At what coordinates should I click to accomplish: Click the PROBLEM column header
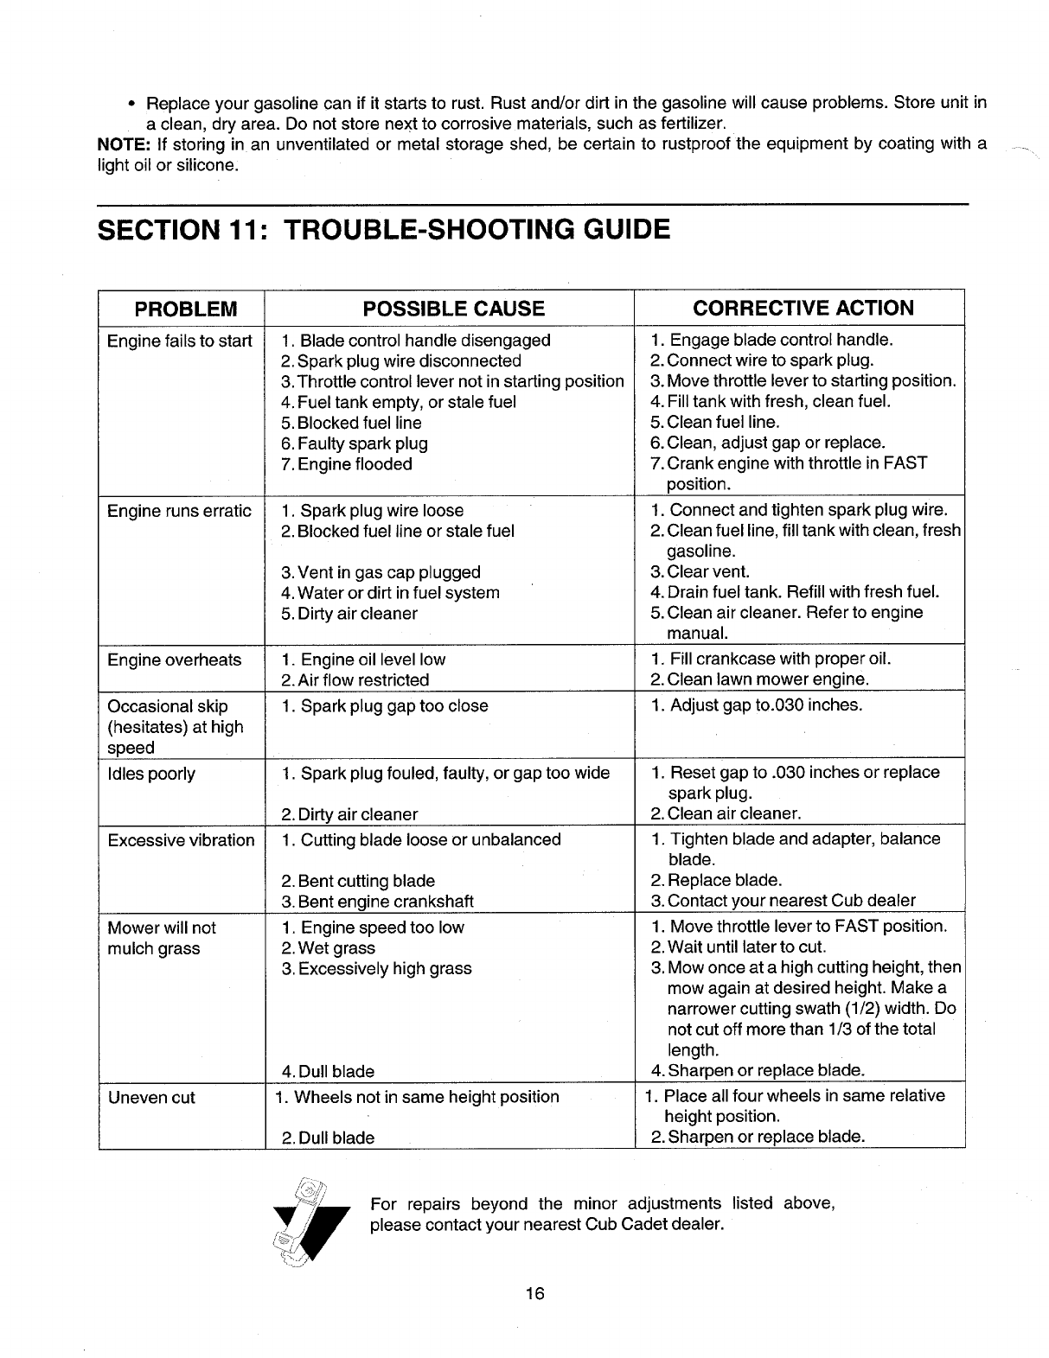click(182, 309)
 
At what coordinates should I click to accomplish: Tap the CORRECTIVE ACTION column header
click(803, 309)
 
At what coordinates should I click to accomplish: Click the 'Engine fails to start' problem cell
click(179, 341)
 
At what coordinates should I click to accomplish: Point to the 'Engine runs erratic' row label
click(179, 511)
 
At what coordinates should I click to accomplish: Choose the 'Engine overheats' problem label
click(174, 660)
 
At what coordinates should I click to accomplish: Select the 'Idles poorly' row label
click(150, 774)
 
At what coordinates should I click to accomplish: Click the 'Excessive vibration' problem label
click(181, 840)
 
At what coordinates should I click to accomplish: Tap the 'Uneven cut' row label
click(150, 1098)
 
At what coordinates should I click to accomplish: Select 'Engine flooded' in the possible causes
click(347, 464)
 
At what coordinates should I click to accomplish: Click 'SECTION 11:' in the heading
click(182, 230)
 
